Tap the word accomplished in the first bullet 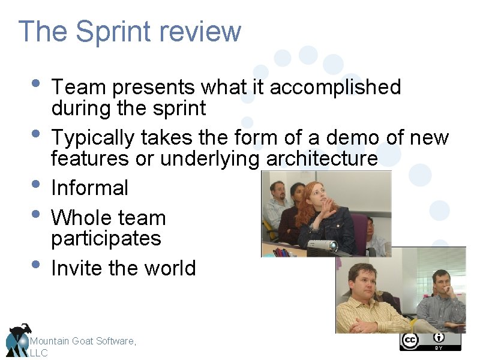coord(335,88)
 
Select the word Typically coord(92,138)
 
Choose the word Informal coord(89,188)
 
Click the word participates coord(106,239)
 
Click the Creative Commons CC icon coord(410,341)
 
